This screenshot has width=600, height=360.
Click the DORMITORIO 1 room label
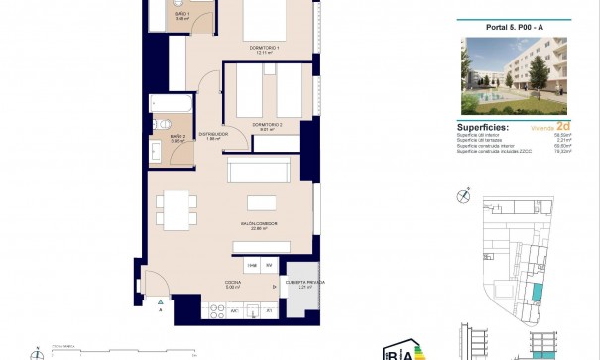pos(264,47)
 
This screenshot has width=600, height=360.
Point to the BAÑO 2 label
pos(178,136)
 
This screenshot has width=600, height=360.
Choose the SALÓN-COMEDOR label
pos(257,225)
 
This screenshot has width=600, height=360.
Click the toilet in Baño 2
pos(159,125)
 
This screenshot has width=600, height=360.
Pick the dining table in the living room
pos(178,209)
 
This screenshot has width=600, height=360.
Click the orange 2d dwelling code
pos(562,127)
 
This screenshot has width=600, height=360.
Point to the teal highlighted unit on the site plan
pos(537,294)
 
